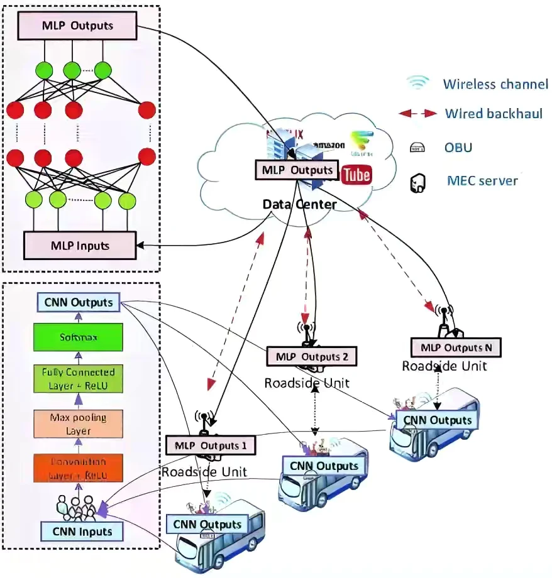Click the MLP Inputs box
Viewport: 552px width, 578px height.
(x=79, y=245)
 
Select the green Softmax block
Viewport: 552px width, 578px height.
(x=79, y=337)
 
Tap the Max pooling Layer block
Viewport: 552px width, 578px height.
(x=79, y=424)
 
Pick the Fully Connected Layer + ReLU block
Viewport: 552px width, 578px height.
(x=79, y=379)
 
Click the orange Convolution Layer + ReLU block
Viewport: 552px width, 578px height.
(x=79, y=468)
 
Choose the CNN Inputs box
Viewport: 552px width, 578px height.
(x=82, y=532)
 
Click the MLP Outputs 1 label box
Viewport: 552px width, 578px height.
(x=210, y=445)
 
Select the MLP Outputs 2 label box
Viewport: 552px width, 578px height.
(x=312, y=357)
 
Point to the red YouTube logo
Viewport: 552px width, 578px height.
(x=356, y=175)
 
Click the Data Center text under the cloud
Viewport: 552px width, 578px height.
(x=299, y=204)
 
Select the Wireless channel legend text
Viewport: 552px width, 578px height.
(x=495, y=84)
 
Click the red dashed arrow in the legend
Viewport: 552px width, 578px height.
(x=418, y=114)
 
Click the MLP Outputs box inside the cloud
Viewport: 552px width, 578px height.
(x=294, y=170)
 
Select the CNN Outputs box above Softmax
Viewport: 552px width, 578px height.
(x=79, y=302)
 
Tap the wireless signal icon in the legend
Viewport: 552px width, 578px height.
(x=418, y=82)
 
